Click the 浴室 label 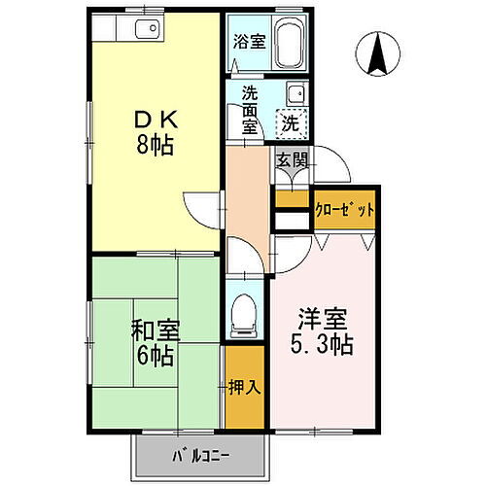[250, 42]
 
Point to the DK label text [155, 121]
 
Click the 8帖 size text [155, 145]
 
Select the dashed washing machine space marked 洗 [289, 123]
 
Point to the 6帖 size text [156, 356]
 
